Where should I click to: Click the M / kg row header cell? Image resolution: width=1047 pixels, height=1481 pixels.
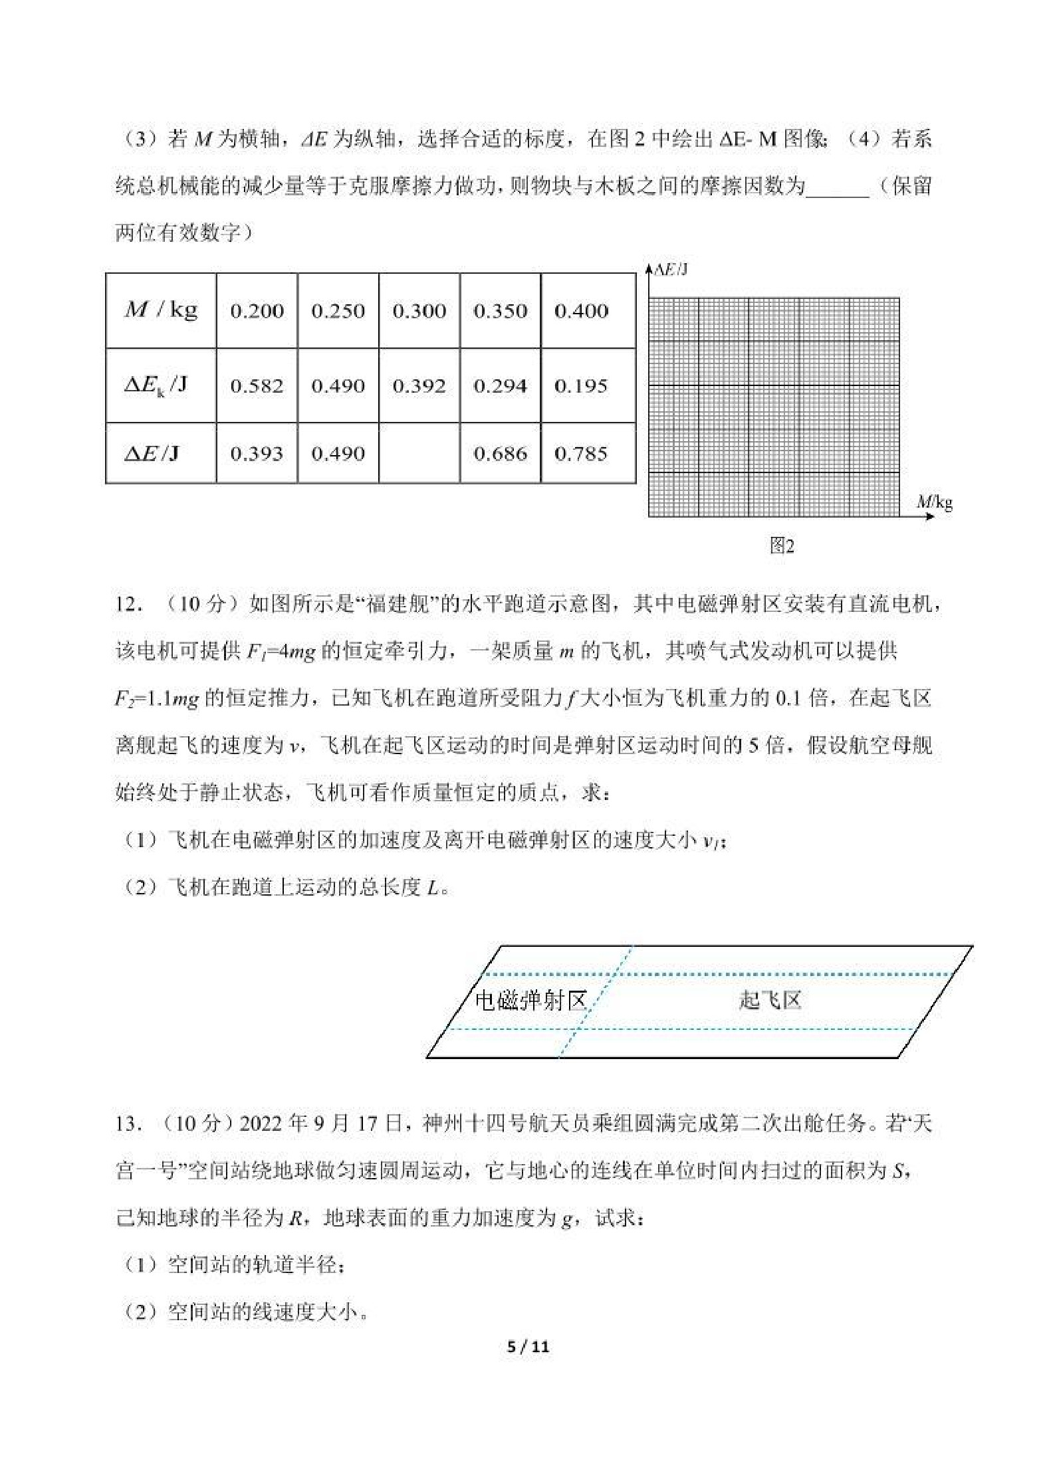161,310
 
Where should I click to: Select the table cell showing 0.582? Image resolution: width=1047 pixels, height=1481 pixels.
257,386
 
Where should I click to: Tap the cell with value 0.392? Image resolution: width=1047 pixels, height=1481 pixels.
419,386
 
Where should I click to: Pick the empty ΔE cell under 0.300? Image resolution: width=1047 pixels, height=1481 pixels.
419,453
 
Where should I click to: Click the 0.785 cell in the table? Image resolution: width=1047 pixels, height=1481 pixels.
581,454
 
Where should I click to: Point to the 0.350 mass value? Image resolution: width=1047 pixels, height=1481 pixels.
500,311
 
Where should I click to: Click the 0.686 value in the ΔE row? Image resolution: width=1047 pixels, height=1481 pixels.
500,454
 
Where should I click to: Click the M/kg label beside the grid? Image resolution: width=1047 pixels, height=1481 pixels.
935,502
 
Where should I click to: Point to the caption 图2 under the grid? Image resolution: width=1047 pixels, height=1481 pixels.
782,546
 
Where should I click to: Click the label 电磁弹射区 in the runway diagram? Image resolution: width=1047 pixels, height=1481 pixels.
530,1000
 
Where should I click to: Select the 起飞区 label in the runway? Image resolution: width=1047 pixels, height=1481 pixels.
770,1000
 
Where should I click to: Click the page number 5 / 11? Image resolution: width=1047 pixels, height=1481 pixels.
528,1347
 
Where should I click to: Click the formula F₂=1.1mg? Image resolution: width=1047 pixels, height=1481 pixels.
157,699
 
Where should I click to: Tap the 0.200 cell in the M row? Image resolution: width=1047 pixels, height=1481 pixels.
257,311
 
